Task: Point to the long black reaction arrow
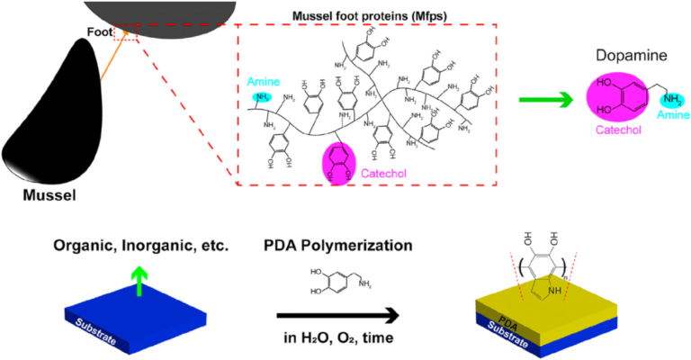[x=337, y=315]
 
